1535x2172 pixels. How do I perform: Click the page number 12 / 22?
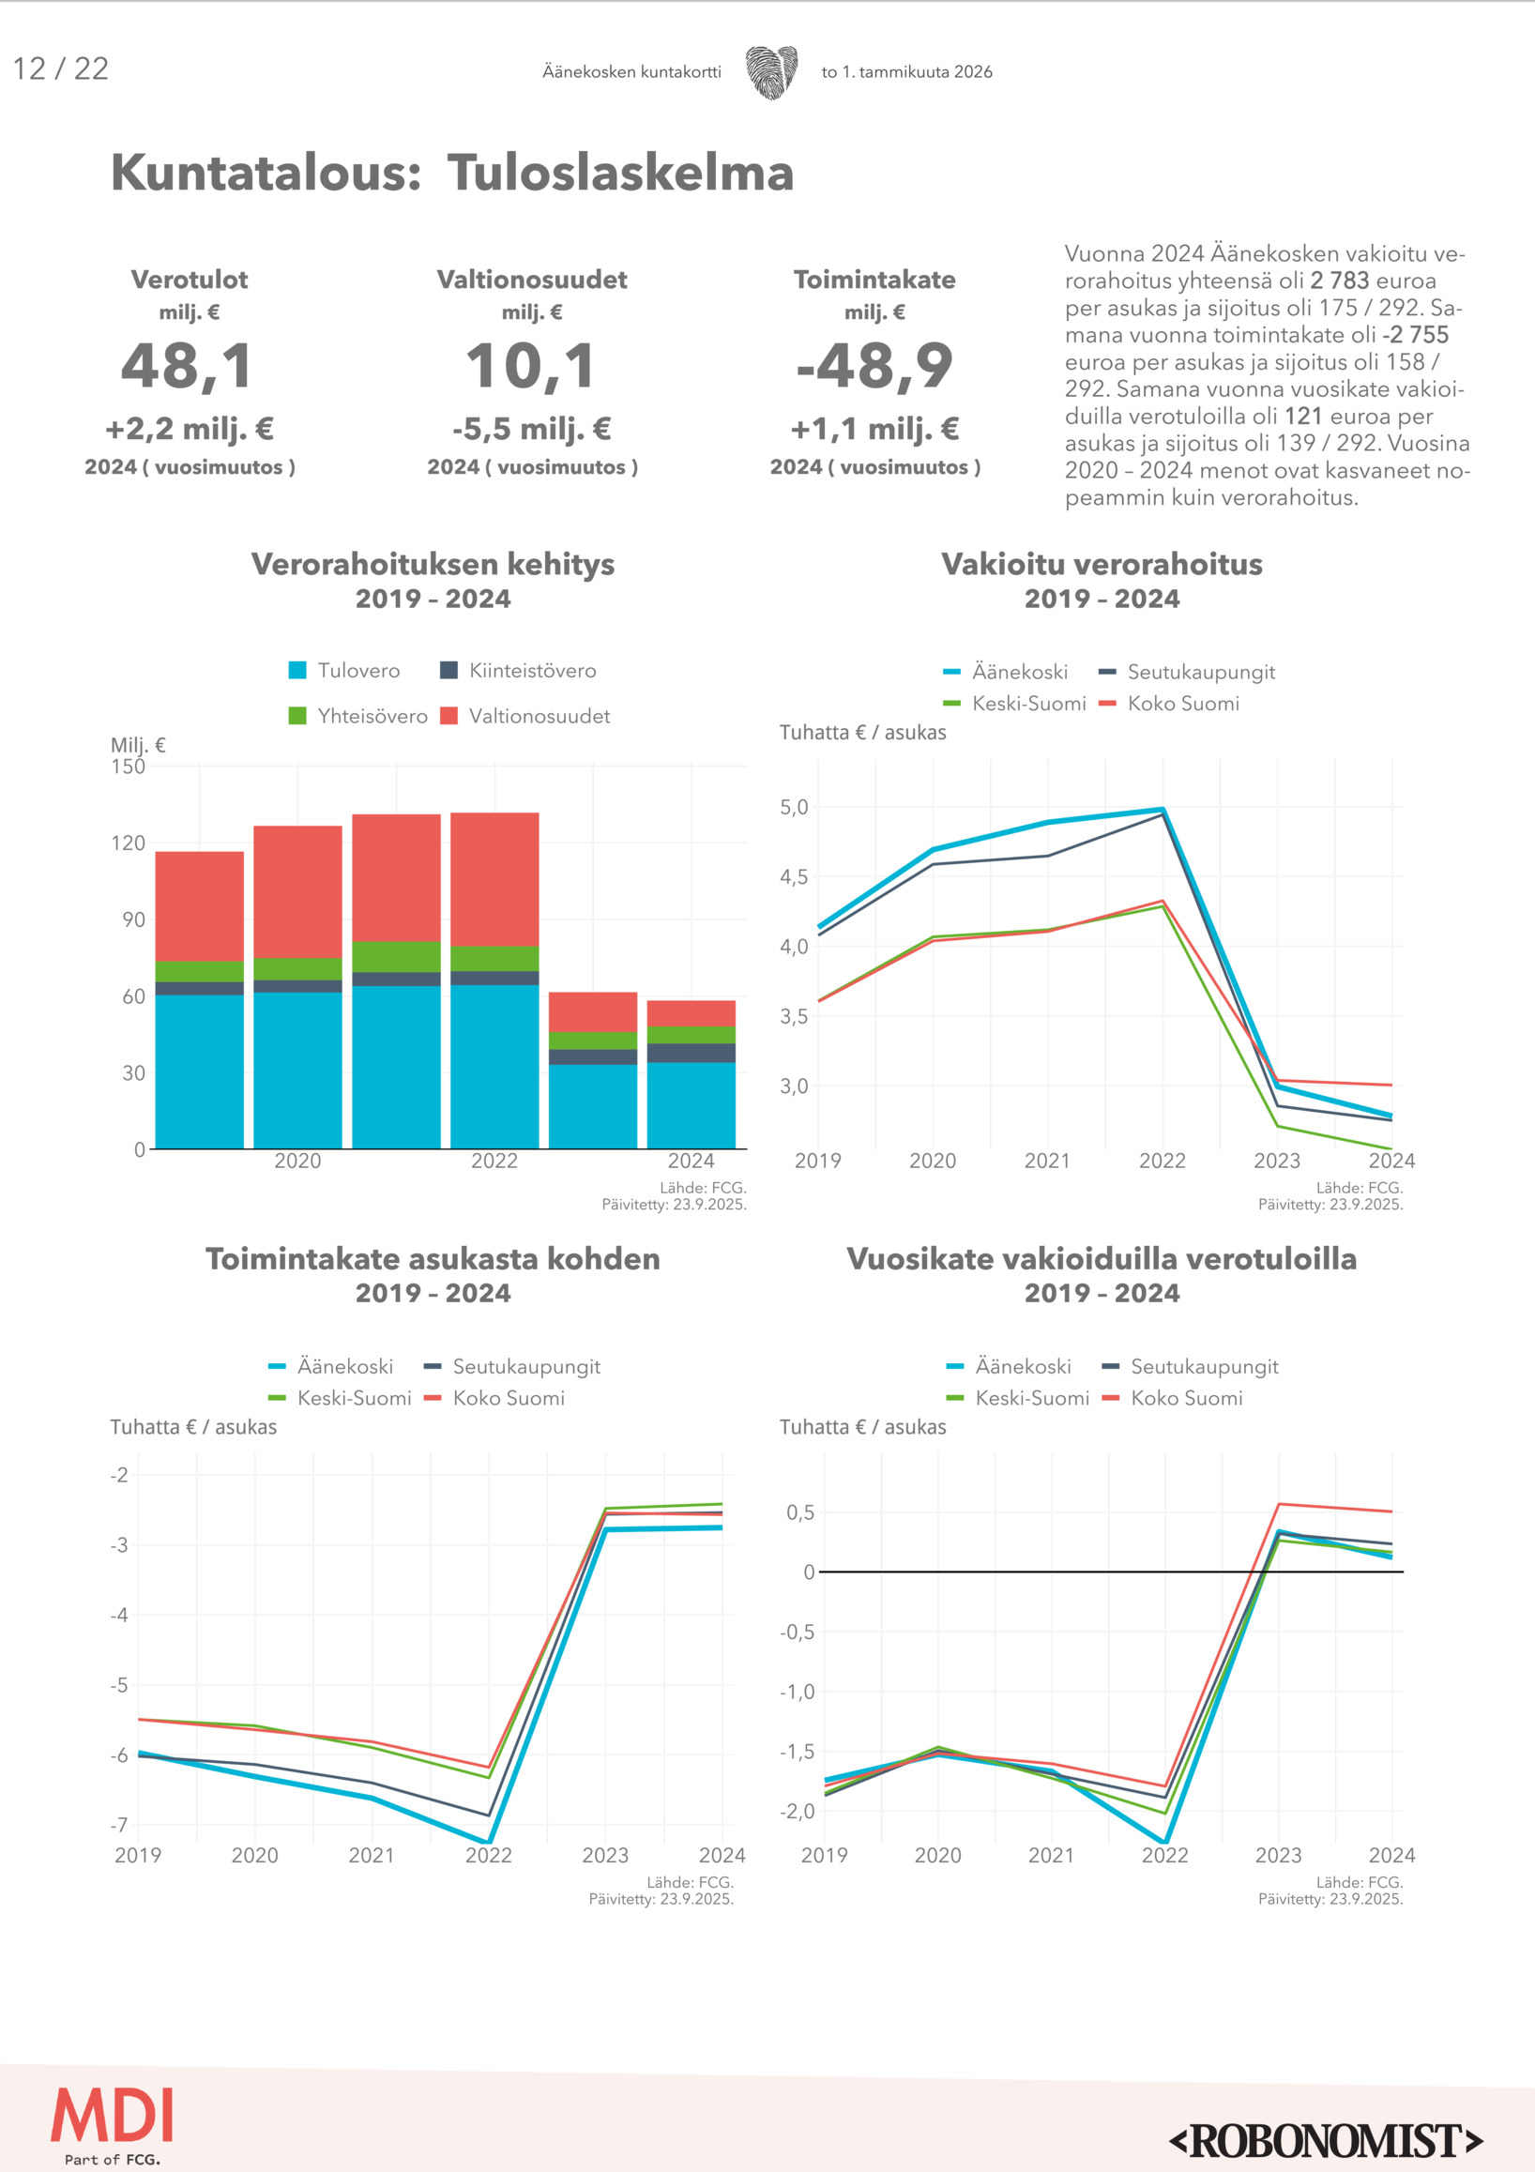[x=61, y=69]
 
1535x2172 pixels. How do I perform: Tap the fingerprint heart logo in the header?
[x=771, y=72]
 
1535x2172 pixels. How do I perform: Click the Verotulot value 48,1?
[x=189, y=367]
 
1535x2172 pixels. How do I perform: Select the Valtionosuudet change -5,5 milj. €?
[x=532, y=430]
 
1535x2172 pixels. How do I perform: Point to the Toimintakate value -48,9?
[x=874, y=367]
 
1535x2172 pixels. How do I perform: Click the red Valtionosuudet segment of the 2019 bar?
[x=200, y=905]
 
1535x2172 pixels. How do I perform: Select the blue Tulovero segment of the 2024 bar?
[x=692, y=1105]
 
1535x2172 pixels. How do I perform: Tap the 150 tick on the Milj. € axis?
[x=129, y=767]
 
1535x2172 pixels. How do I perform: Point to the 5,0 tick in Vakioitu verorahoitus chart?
[x=795, y=807]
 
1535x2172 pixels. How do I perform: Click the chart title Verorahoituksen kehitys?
[x=433, y=564]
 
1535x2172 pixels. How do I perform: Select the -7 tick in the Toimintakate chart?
[x=119, y=1825]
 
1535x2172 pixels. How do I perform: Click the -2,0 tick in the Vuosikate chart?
[x=797, y=1811]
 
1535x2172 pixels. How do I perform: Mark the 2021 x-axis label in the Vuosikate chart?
[x=1051, y=1855]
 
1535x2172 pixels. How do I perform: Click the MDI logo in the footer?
[x=113, y=2119]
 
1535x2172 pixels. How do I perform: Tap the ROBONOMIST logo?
[x=1327, y=2141]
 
